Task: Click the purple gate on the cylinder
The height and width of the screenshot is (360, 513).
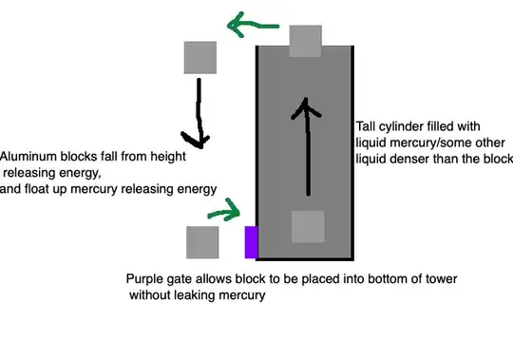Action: coord(251,242)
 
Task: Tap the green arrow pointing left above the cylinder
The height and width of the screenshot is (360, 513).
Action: coord(253,25)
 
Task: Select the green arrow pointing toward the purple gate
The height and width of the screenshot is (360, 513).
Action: coord(225,210)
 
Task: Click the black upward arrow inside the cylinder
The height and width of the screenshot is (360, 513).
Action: coord(307,146)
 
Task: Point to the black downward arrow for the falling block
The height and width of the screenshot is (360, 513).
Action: coord(198,113)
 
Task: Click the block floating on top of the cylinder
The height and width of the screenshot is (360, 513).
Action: coord(306,41)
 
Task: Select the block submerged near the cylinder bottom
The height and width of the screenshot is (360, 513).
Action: coord(308,227)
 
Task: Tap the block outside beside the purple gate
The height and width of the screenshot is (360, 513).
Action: coord(202,242)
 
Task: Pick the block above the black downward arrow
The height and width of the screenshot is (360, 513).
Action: coord(200,58)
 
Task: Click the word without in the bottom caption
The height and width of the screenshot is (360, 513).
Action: coord(150,294)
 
